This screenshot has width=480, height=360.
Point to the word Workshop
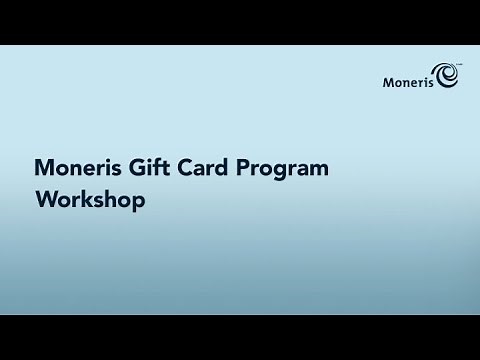coord(90,199)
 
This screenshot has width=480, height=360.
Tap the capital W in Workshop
coord(44,198)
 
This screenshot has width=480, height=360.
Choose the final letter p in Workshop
coord(138,201)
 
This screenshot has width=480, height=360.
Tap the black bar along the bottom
coord(240,337)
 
